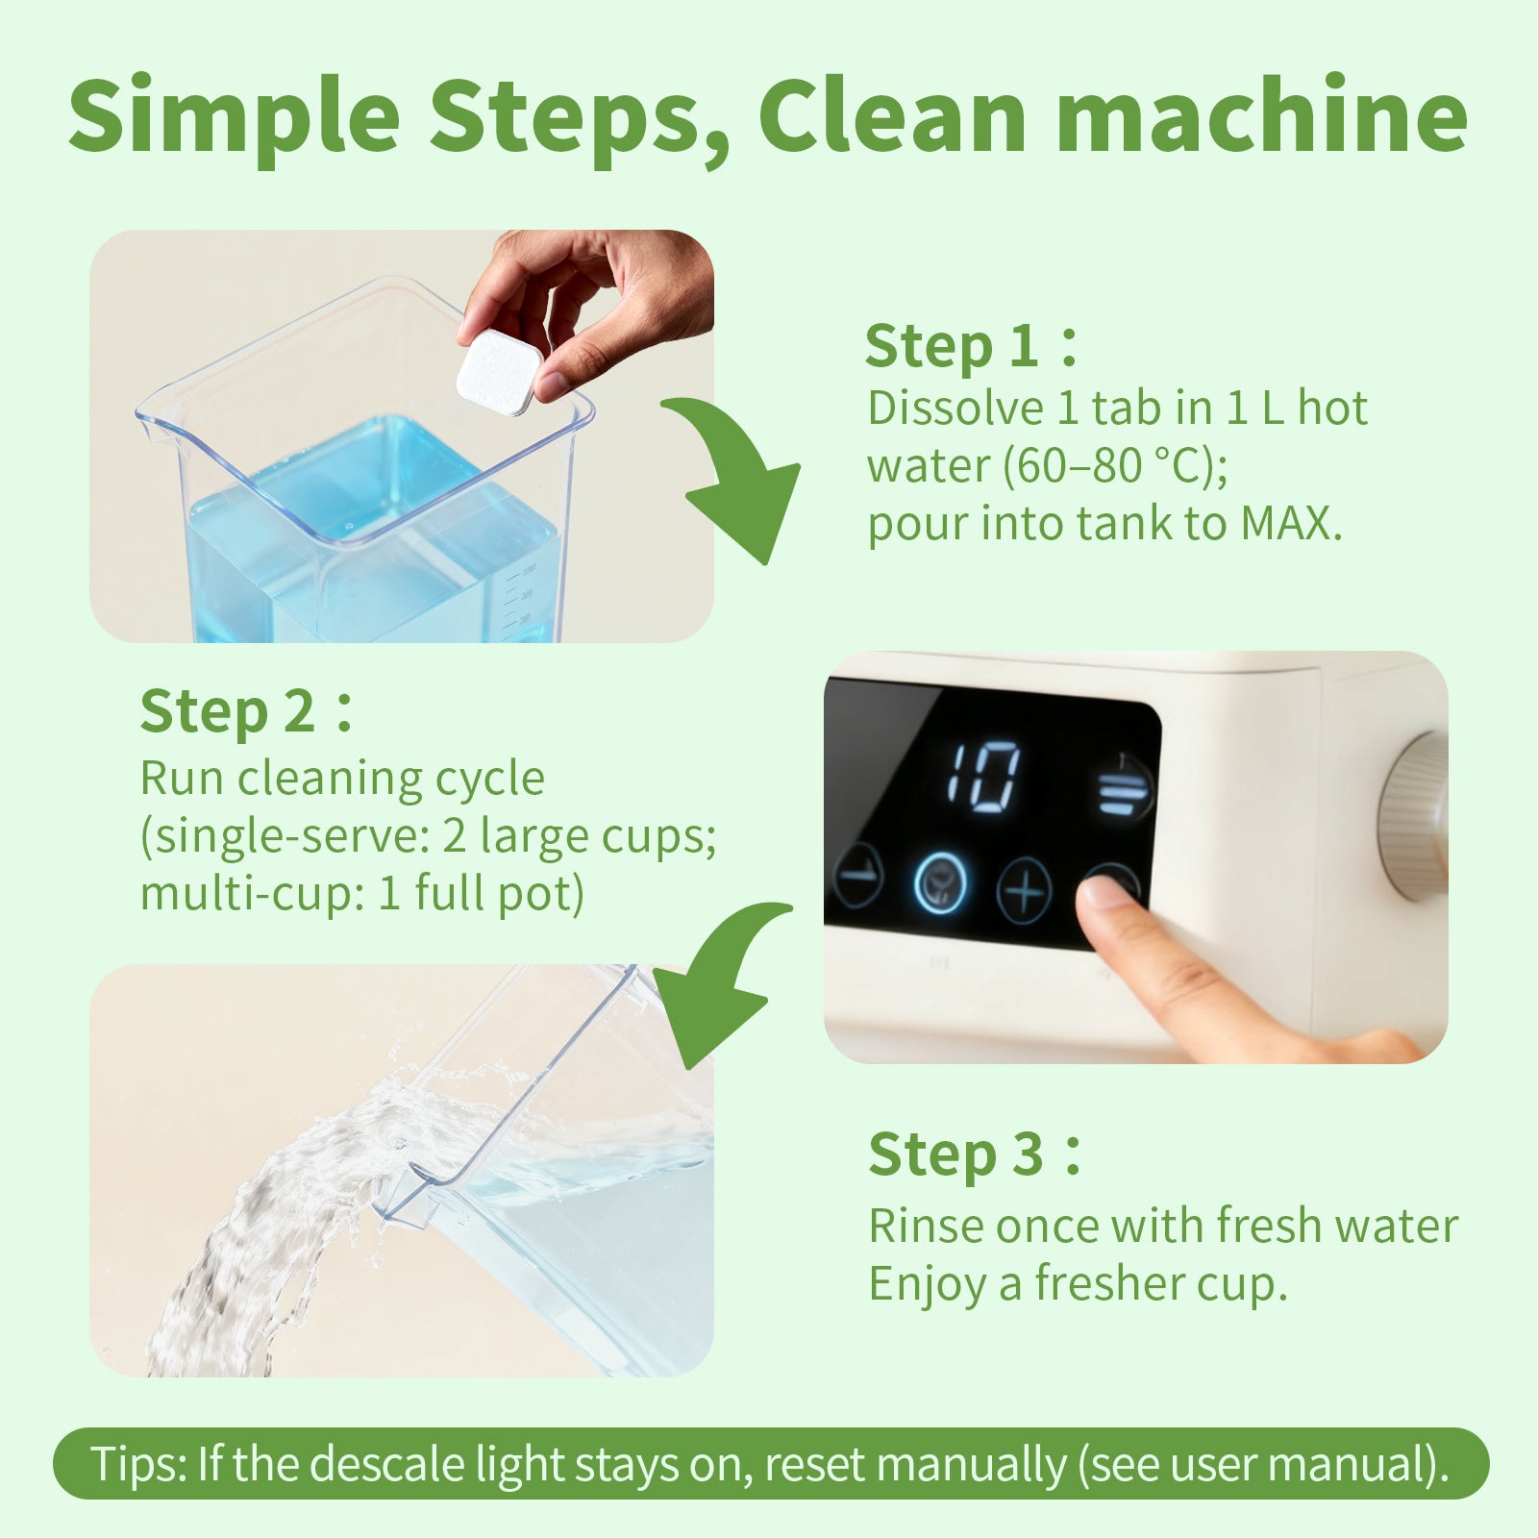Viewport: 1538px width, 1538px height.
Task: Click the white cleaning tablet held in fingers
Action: click(x=498, y=372)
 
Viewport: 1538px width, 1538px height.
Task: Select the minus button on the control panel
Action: click(x=857, y=875)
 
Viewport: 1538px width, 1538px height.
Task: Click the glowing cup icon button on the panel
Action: click(x=939, y=883)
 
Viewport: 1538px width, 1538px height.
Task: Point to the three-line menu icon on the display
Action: click(x=1123, y=790)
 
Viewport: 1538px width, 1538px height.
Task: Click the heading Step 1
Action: click(x=952, y=346)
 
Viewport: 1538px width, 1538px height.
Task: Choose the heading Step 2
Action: click(x=228, y=712)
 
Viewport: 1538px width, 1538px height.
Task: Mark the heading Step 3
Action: click(x=955, y=1154)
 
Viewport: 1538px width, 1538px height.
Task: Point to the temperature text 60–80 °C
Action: click(x=1115, y=466)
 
